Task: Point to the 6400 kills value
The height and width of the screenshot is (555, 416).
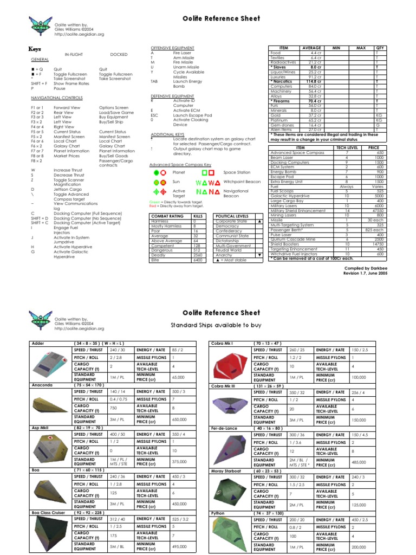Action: coord(198,260)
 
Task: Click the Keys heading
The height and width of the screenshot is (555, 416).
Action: coord(35,49)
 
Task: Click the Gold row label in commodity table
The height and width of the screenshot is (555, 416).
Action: coord(276,115)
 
